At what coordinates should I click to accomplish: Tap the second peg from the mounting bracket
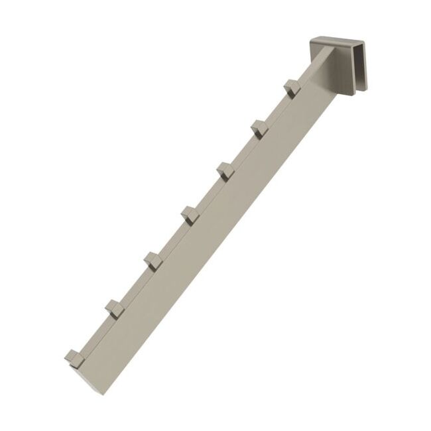point(259,127)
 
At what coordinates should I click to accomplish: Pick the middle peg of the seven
point(190,214)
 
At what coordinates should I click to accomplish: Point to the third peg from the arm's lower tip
point(152,259)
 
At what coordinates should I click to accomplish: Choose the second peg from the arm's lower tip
point(114,307)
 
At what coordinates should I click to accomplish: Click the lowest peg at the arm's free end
point(74,357)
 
